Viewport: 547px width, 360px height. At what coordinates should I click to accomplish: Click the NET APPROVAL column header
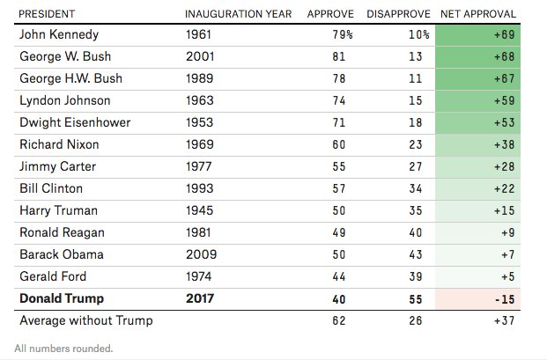click(478, 14)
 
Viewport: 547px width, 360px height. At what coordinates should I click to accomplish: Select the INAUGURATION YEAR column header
click(238, 14)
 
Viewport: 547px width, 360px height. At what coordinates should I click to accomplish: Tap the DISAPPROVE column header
click(398, 14)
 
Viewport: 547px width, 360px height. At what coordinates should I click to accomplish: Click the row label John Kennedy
click(59, 34)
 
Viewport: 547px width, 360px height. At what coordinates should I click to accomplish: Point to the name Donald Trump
click(62, 298)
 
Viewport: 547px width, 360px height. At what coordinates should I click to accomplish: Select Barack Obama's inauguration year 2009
click(202, 254)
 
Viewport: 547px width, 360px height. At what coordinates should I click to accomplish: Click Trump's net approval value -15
click(505, 299)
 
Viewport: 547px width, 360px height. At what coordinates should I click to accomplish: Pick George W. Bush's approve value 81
click(339, 56)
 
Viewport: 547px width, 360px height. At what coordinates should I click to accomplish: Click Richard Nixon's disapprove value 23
click(416, 144)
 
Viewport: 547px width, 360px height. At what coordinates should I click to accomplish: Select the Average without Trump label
click(86, 320)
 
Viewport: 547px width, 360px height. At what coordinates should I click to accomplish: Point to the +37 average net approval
click(505, 320)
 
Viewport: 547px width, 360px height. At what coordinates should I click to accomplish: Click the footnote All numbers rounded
click(63, 349)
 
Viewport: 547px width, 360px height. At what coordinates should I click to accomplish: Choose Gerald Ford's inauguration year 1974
click(199, 276)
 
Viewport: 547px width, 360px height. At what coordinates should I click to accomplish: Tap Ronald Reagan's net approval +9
click(508, 232)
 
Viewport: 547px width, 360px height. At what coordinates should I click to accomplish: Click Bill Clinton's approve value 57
click(339, 188)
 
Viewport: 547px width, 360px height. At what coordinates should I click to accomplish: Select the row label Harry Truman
click(59, 210)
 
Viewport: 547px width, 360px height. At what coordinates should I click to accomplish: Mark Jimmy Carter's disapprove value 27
click(416, 166)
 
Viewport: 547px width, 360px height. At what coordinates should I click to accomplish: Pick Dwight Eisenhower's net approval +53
click(505, 122)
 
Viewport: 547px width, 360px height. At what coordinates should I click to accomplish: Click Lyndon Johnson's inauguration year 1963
click(200, 100)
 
